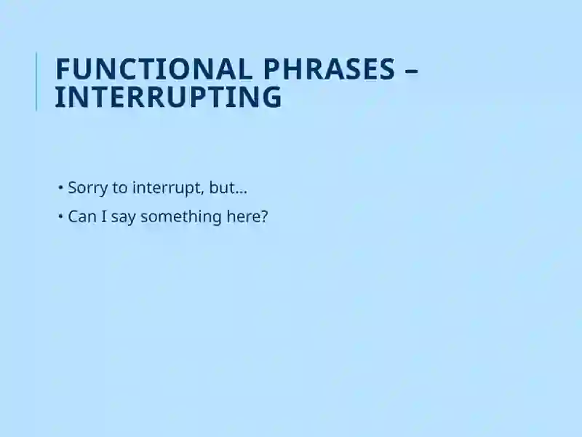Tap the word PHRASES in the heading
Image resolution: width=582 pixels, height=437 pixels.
coord(330,69)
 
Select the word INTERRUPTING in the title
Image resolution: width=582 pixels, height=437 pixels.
coord(169,97)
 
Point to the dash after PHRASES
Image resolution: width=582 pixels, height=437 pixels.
coord(412,70)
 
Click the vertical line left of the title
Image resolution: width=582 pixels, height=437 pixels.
coord(36,82)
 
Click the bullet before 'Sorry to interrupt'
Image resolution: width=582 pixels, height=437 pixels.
coord(60,187)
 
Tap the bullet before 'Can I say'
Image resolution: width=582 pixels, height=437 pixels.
coord(60,216)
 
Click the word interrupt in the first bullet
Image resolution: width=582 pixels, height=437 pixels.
coord(167,188)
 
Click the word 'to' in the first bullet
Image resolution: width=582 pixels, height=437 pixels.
coord(120,188)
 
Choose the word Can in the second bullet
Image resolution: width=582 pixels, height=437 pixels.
coord(82,216)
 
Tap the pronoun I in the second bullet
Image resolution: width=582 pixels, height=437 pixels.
coord(104,216)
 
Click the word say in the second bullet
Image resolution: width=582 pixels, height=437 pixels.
coord(123,218)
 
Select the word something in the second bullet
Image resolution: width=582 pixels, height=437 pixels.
coord(181,217)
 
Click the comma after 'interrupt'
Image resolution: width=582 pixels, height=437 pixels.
coord(204,193)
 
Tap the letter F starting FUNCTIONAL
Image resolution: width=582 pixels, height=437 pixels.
coord(63,69)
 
